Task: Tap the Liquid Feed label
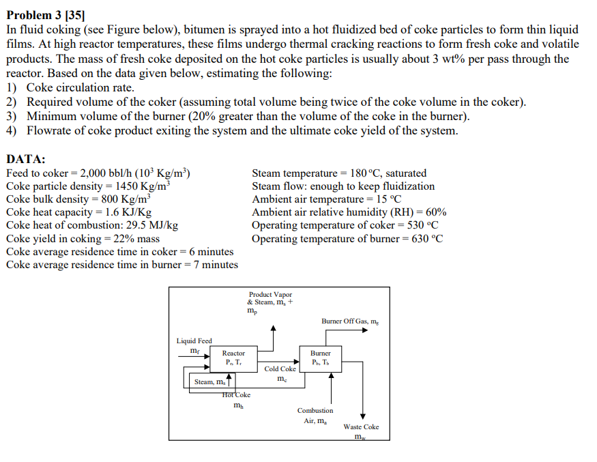point(194,341)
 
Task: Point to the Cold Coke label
point(280,369)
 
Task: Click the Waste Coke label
point(361,427)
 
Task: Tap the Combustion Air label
point(315,416)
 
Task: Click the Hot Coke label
point(237,394)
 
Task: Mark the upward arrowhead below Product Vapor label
point(273,329)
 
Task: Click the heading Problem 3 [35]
point(51,14)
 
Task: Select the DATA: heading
point(26,159)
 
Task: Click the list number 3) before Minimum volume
point(12,116)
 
